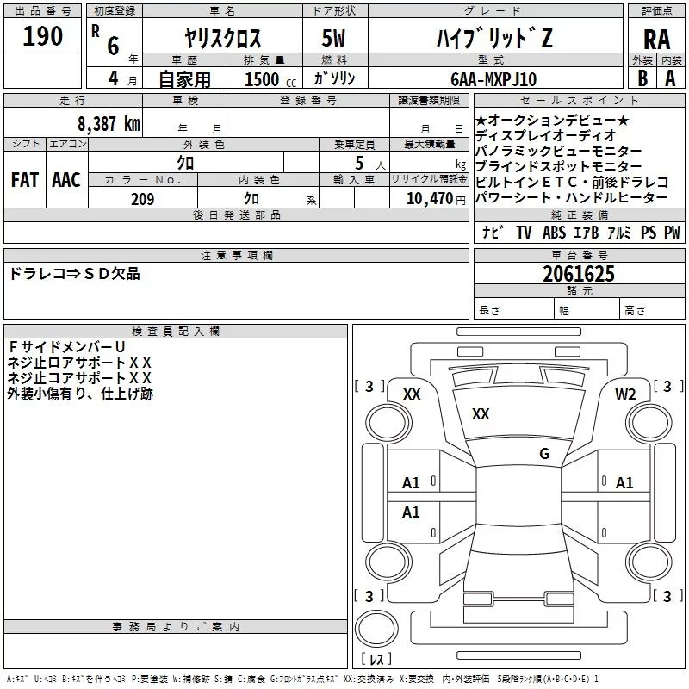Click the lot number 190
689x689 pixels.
tap(43, 35)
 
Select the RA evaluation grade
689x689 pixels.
tap(656, 40)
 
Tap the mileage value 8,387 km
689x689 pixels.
tap(107, 123)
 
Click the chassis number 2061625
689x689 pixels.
tap(579, 274)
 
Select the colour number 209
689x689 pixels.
tap(142, 199)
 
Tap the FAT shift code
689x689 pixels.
tap(24, 179)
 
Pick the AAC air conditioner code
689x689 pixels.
tap(65, 179)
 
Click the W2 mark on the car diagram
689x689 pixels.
tap(624, 394)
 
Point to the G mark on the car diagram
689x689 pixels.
tap(543, 453)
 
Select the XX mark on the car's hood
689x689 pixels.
tap(481, 414)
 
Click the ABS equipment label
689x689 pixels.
tap(555, 233)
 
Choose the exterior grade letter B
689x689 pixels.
tap(642, 78)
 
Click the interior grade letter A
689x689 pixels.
tap(670, 78)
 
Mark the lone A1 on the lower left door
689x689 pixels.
tap(411, 512)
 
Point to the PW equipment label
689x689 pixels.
tap(671, 233)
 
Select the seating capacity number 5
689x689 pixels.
tap(357, 162)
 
